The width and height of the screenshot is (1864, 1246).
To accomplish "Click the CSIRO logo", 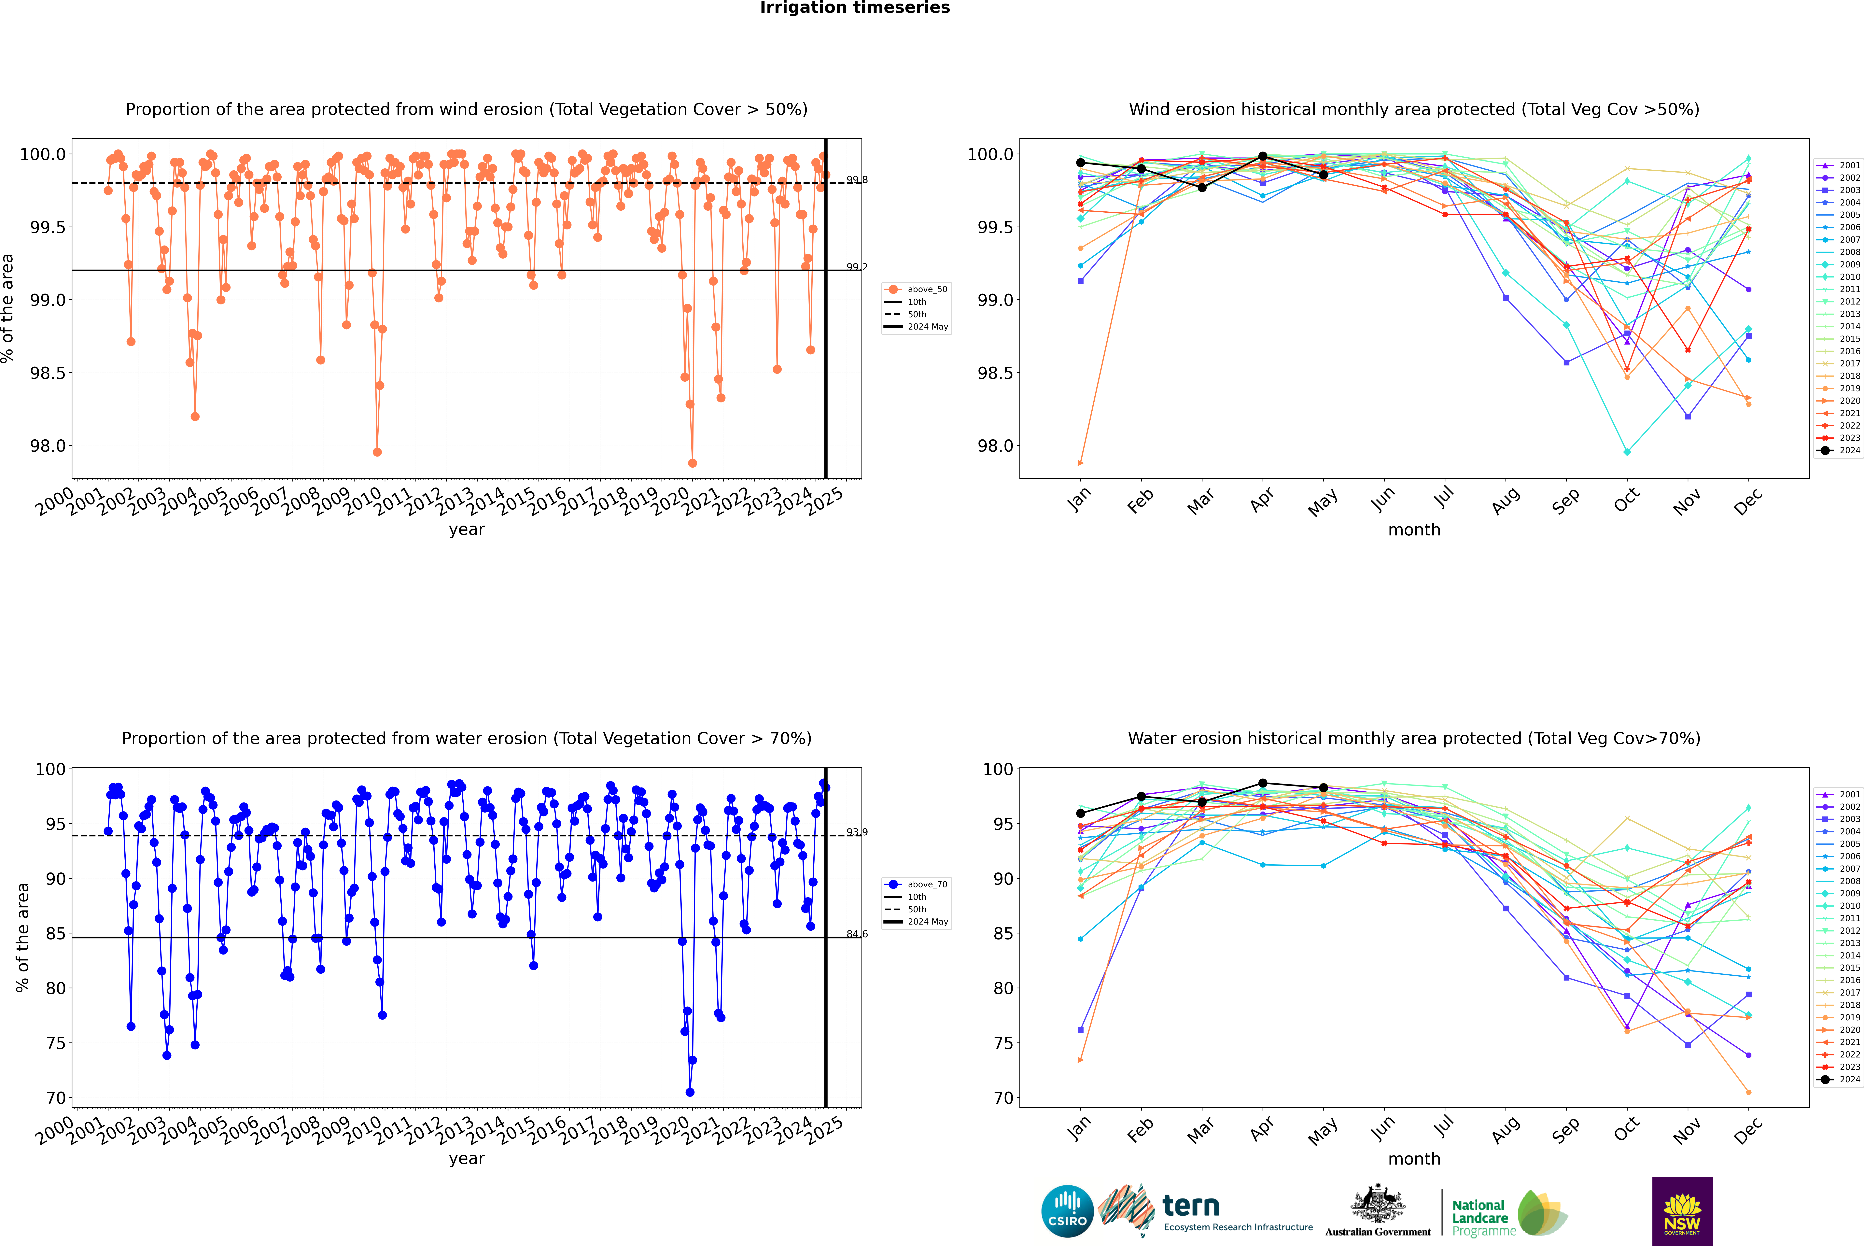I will (x=1067, y=1211).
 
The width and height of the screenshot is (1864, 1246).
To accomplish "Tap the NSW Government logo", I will (x=1682, y=1211).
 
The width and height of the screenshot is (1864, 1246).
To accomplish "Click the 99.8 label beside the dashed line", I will (x=857, y=180).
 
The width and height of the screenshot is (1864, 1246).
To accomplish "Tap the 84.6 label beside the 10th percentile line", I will (x=857, y=934).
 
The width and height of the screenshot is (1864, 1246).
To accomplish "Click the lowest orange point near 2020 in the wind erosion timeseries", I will (x=692, y=463).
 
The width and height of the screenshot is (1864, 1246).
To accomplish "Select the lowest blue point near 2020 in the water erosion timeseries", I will (x=690, y=1093).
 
